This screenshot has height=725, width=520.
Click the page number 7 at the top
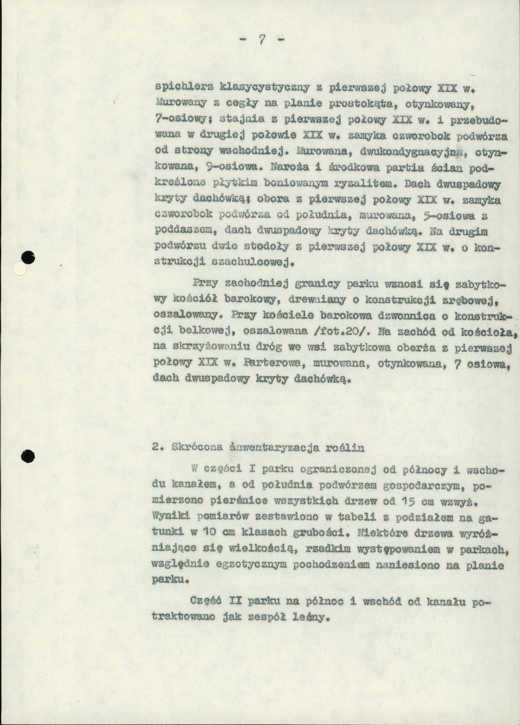[x=261, y=41]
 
